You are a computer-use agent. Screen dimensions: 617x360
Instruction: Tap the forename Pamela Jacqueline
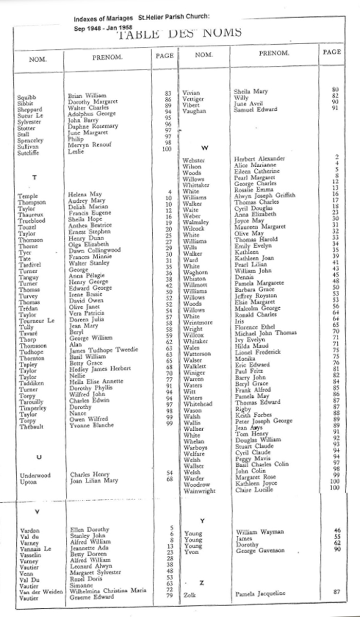259,594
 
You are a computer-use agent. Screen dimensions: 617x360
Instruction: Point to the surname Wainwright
200,491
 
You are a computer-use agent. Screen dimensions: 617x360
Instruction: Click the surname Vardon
29,530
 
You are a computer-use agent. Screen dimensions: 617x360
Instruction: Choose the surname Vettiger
193,99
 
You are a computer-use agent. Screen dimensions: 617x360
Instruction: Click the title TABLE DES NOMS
180,33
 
